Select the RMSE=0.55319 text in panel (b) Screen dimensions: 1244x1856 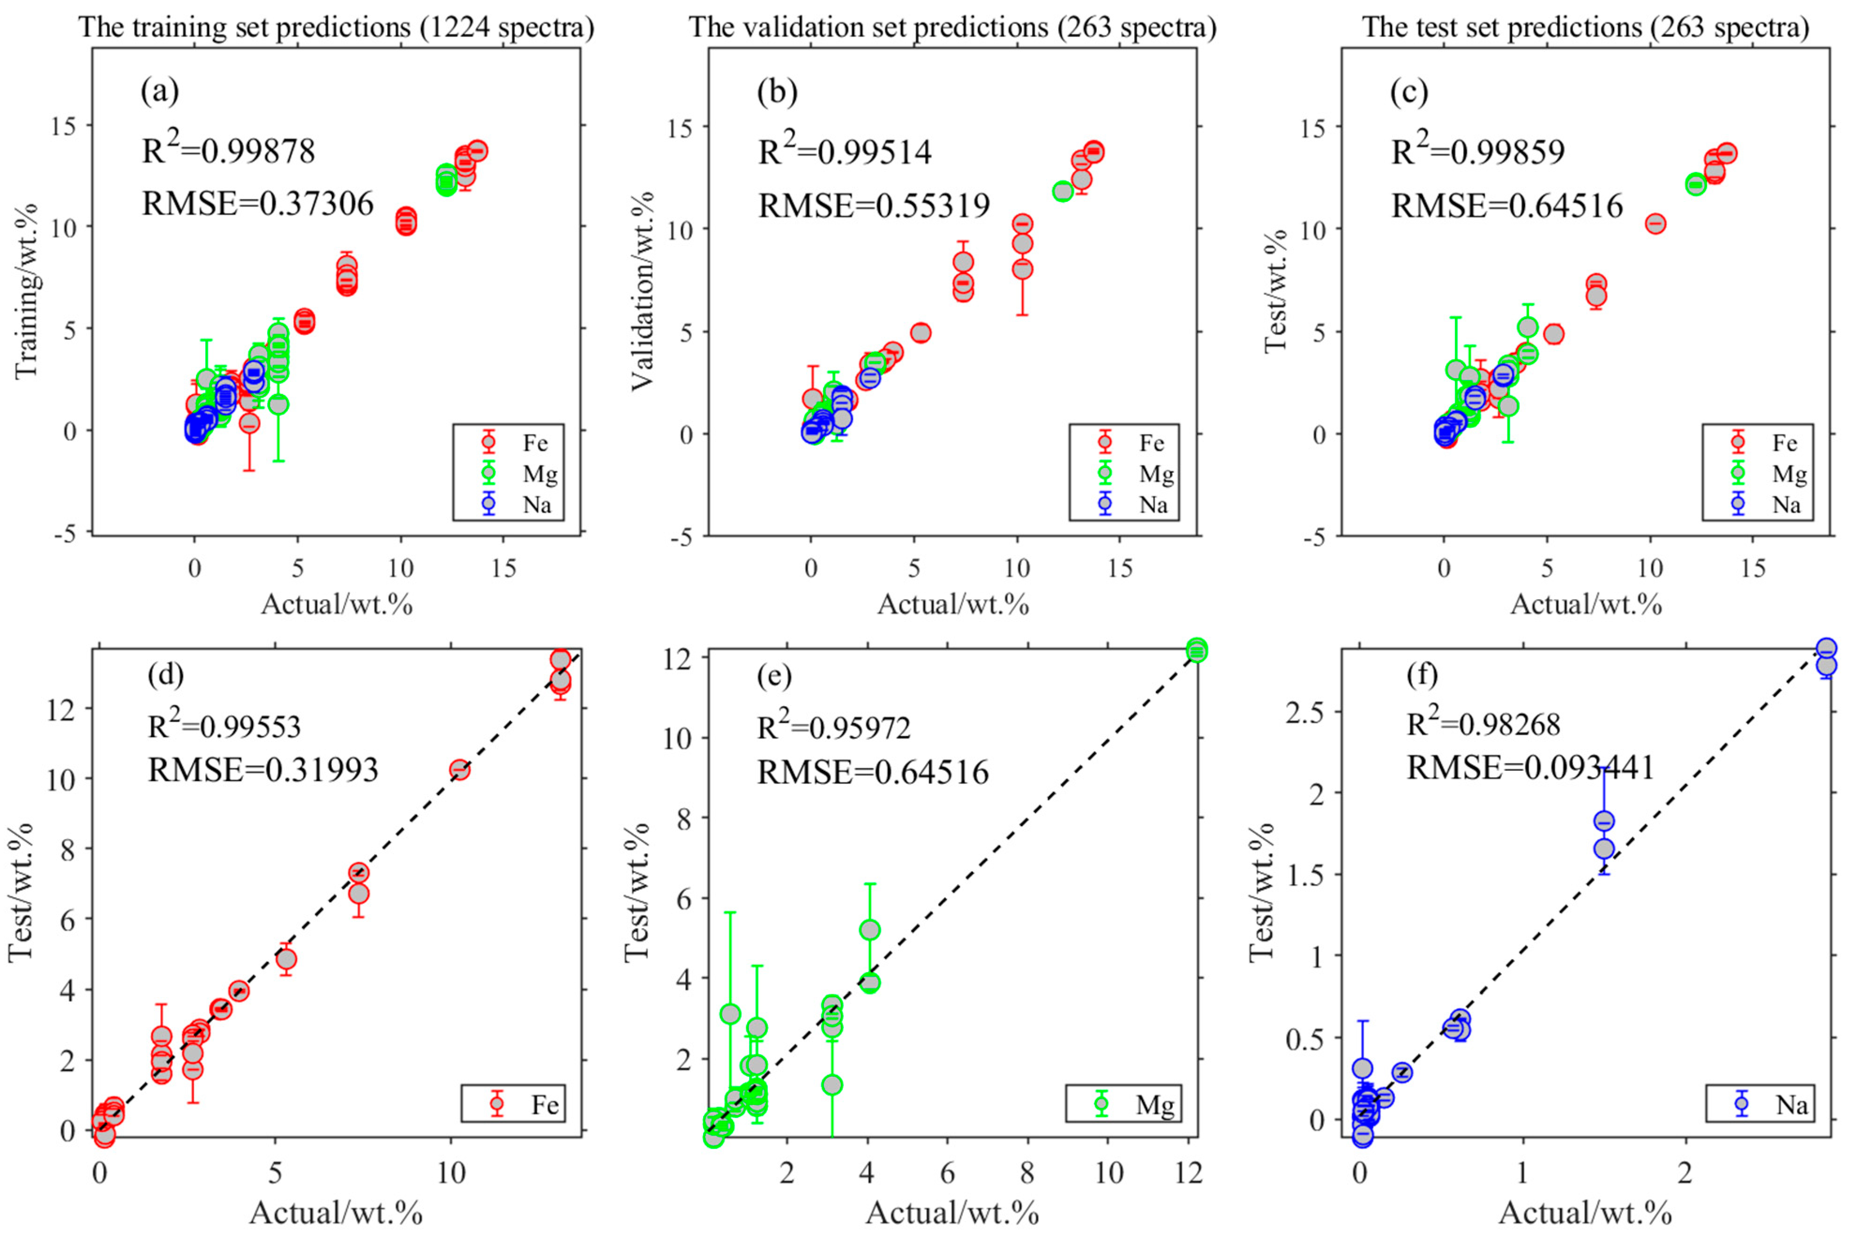tap(874, 206)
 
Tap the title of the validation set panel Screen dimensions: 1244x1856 tap(951, 27)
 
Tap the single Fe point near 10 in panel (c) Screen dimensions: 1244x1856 tap(1654, 223)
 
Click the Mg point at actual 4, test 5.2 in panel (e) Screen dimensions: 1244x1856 tap(870, 930)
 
